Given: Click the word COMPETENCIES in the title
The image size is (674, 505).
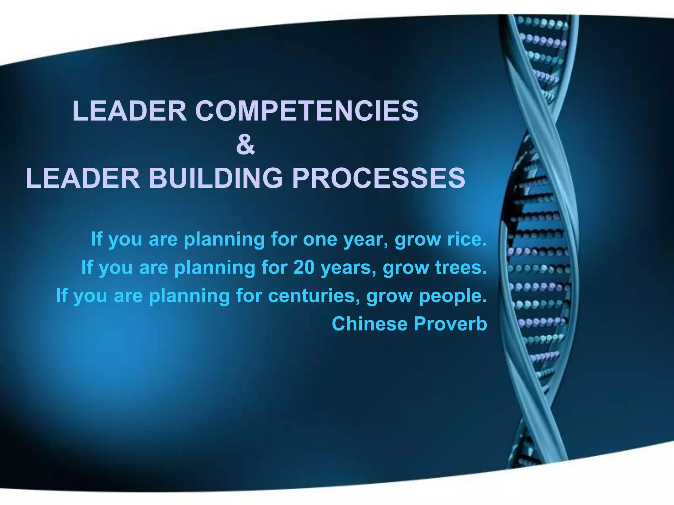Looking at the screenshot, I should pos(307,111).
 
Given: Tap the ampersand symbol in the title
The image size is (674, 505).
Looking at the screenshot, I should pos(246,145).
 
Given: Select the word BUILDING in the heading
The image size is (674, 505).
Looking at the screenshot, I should pos(216,178).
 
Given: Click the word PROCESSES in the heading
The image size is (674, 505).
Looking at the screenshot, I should pos(378,178).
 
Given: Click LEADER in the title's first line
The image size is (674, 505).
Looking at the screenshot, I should pos(129,111).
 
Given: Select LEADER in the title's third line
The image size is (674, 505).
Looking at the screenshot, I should pos(83,178).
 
